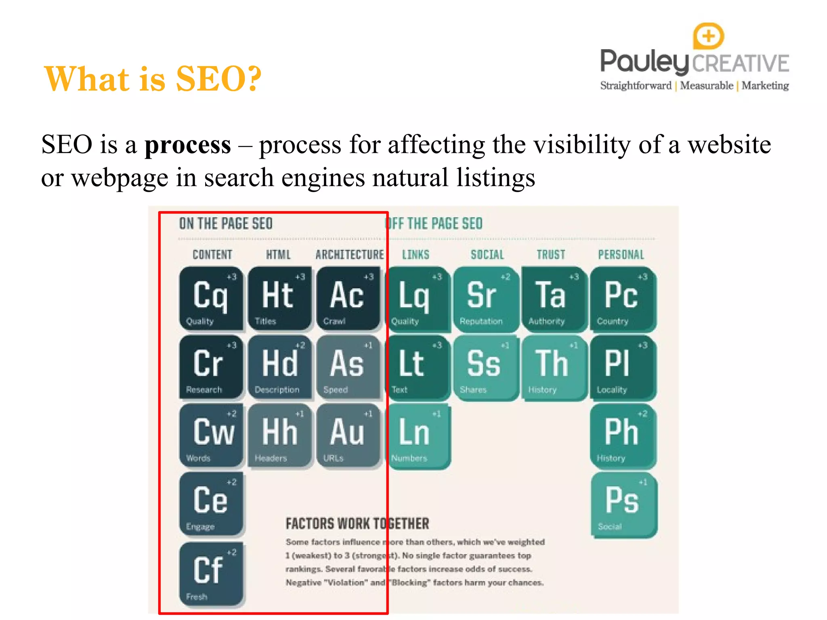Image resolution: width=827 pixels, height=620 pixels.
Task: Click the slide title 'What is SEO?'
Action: [153, 79]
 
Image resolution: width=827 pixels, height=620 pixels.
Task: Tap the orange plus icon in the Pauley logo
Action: [708, 36]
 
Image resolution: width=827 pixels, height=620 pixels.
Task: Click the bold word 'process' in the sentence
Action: [188, 145]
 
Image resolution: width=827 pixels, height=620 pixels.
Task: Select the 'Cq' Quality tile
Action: [211, 299]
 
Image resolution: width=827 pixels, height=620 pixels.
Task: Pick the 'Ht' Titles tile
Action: [279, 299]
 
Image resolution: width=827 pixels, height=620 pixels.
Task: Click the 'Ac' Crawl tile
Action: [348, 299]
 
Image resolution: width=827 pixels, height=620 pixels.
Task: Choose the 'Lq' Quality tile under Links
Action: [417, 299]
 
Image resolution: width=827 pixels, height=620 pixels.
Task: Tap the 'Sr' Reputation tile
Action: [485, 299]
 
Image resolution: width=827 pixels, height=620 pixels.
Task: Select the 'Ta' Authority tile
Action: [553, 299]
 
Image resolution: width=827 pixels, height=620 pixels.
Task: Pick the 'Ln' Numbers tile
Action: [418, 436]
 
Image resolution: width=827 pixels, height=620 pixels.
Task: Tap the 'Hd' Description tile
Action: [279, 367]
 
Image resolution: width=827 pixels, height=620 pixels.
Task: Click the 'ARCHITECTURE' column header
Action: [350, 255]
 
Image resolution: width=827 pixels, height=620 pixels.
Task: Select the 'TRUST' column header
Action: [551, 255]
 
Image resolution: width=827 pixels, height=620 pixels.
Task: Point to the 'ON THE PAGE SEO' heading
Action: [226, 224]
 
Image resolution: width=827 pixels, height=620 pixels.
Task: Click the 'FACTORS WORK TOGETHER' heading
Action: [357, 524]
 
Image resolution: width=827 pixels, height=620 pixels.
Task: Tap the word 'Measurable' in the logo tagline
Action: [706, 86]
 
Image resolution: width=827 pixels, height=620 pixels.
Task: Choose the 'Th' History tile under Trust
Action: [553, 367]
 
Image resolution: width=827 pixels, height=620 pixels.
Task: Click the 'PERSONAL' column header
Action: [621, 255]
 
